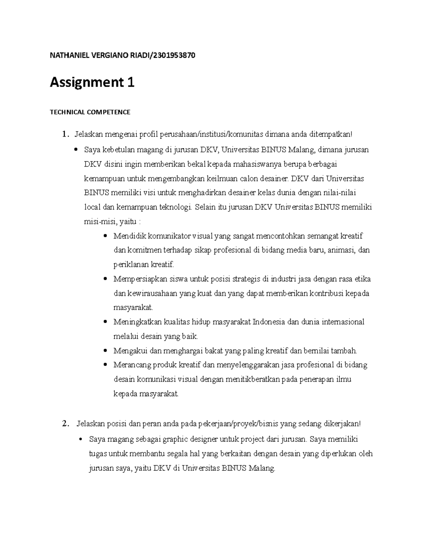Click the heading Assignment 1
click(92, 83)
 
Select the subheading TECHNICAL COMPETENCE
click(90, 112)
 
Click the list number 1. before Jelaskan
click(64, 134)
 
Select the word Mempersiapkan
click(136, 279)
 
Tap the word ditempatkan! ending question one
click(331, 134)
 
